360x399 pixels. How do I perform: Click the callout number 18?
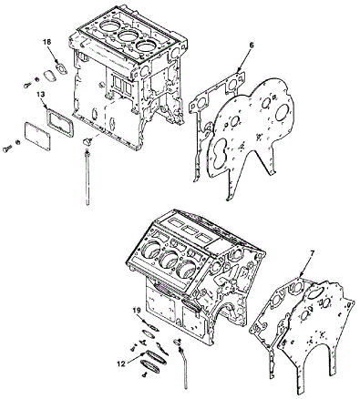point(47,42)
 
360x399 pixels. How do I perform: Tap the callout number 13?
point(40,95)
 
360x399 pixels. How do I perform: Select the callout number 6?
point(252,46)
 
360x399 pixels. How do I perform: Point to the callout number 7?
point(312,252)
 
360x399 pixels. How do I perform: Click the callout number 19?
point(137,311)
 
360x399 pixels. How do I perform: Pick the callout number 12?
point(121,363)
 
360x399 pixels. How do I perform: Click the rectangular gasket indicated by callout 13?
point(60,124)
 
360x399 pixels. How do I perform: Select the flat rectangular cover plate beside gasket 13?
point(37,136)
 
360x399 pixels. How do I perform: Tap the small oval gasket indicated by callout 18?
point(62,68)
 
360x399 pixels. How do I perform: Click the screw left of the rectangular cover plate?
point(7,148)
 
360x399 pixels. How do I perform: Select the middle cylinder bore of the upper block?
point(127,36)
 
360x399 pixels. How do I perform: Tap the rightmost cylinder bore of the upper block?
point(144,46)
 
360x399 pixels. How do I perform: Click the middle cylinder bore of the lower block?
point(169,260)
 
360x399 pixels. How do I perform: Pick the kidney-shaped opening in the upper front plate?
point(220,154)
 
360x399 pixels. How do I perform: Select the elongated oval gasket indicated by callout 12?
point(156,357)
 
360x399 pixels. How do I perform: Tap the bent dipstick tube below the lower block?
point(183,366)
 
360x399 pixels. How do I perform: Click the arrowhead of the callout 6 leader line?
point(239,72)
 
